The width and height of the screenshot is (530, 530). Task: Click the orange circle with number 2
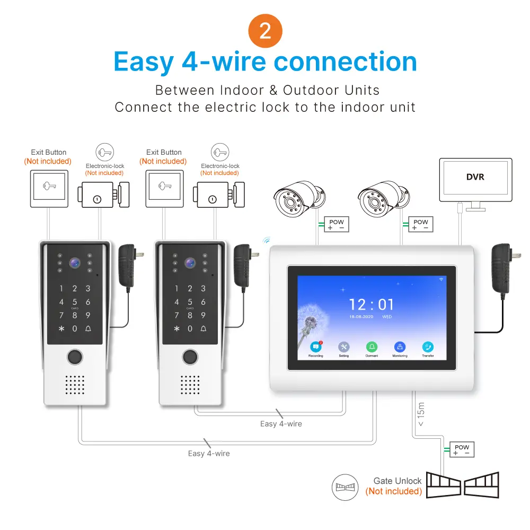tap(265, 31)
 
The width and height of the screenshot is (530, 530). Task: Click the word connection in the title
tap(345, 62)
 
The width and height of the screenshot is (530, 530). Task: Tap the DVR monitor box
tap(475, 178)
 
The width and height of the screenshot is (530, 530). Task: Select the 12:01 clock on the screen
tap(372, 305)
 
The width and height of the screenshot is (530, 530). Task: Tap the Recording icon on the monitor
tap(316, 347)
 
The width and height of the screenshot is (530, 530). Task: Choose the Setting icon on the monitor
tap(344, 347)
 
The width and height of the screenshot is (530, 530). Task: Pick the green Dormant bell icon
tap(372, 347)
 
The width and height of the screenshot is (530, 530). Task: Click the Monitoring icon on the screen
tap(400, 347)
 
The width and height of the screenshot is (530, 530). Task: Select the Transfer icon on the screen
tap(428, 347)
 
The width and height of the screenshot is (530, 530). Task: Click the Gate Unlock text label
tap(397, 481)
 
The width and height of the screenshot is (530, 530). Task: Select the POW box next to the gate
tap(461, 450)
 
